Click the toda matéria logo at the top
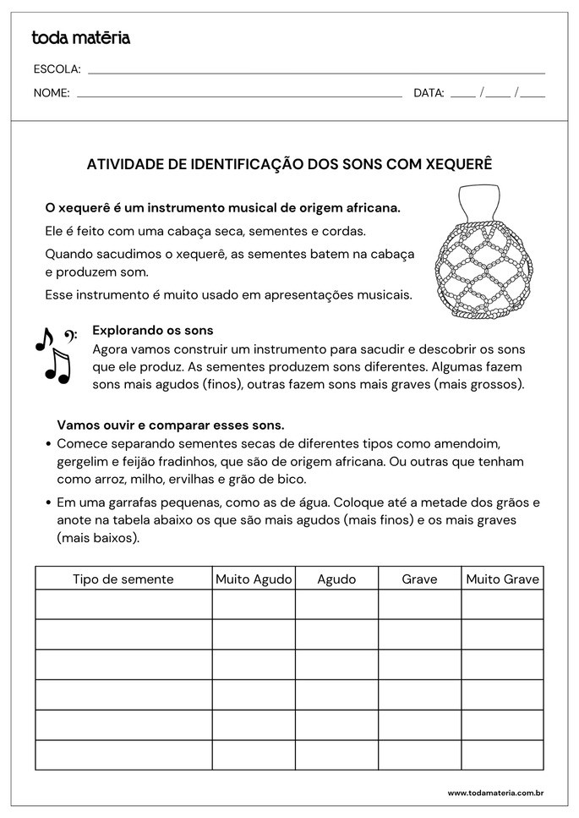coord(80,38)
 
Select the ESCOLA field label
coord(57,69)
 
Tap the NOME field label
coord(52,93)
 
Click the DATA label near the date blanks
coord(429,93)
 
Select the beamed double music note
coord(57,366)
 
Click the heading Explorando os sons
coord(152,331)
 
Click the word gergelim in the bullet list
coord(84,462)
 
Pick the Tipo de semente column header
coord(123,579)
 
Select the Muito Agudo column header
coord(254,579)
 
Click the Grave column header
coord(419,579)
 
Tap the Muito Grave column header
coord(502,579)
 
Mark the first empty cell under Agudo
coord(336,604)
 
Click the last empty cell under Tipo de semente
coord(123,755)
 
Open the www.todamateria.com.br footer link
coord(494,793)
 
